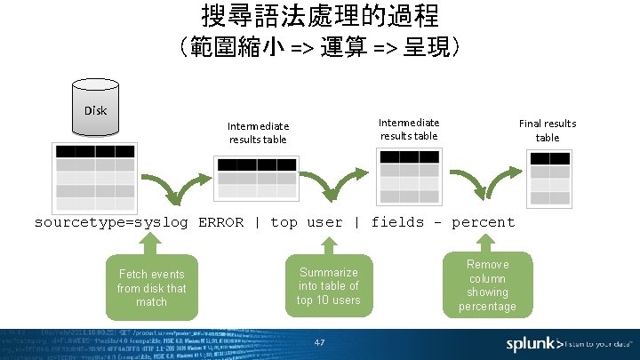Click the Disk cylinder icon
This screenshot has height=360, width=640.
95,111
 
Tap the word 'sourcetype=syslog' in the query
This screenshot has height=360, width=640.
111,222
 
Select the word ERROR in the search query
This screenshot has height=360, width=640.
220,222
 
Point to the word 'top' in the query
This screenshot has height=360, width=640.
284,222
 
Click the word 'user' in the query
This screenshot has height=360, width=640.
324,222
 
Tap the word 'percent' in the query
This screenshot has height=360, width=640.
483,222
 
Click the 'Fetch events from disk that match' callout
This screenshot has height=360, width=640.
151,286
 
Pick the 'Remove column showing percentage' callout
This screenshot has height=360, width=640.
487,284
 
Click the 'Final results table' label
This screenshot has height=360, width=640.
548,131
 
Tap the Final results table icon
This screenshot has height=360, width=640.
548,178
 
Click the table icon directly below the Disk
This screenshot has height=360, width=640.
94,174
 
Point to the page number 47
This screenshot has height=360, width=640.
320,342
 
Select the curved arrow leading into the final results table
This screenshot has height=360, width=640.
484,186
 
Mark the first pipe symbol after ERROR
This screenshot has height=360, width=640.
257,222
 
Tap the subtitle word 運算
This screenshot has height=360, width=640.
345,46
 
